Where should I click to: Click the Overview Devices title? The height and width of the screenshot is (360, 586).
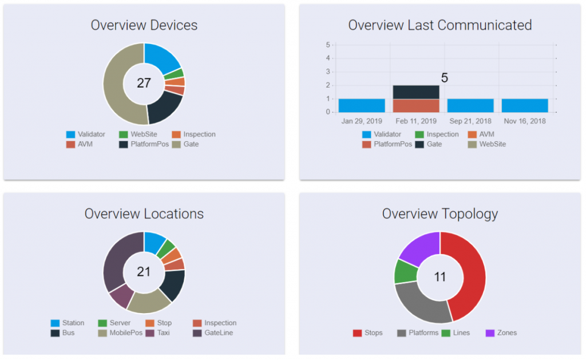(x=144, y=25)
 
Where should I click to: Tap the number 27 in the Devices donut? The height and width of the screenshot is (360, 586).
(x=144, y=83)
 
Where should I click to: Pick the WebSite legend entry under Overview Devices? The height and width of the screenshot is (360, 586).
(x=140, y=134)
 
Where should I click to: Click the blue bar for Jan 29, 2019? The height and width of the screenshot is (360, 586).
(x=362, y=106)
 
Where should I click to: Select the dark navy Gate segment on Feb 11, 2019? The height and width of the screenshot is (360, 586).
(x=416, y=92)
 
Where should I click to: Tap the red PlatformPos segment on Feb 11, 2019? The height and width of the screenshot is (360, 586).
(x=416, y=106)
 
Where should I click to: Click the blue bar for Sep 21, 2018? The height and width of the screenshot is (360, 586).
(x=470, y=106)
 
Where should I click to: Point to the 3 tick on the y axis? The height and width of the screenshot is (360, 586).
(x=328, y=72)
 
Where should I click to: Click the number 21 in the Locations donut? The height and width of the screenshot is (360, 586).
(x=144, y=272)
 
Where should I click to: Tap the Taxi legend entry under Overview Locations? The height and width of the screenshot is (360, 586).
(x=163, y=333)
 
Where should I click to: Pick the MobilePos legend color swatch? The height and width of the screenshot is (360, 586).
(x=102, y=333)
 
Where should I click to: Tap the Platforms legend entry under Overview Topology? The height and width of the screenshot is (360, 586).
(x=423, y=333)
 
